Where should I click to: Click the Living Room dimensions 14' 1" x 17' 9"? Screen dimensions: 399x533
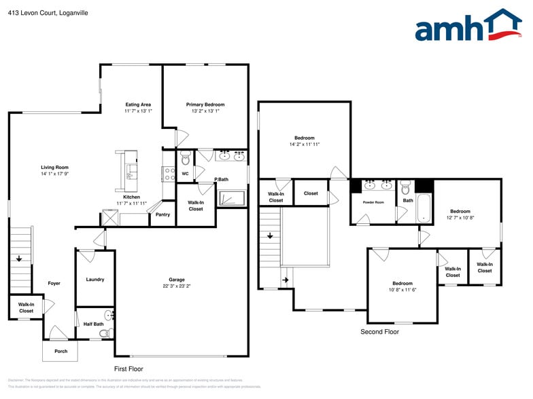tap(54, 174)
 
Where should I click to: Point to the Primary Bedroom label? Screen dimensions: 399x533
tap(205, 104)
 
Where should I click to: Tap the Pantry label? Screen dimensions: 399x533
tap(162, 215)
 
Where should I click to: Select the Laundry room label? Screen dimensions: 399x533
tap(94, 280)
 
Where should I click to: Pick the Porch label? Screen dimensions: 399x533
tap(61, 351)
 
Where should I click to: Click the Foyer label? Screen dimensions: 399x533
tap(54, 283)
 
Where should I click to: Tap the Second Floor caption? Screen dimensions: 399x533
tap(379, 332)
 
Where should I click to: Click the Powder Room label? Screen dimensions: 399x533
tap(373, 202)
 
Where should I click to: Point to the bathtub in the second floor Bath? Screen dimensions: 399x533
tap(424, 208)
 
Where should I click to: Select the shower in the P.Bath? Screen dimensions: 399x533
tap(230, 197)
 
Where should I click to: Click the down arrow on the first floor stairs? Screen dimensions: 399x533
tap(20, 258)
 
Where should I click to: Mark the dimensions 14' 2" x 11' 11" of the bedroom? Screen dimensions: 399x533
tap(304, 145)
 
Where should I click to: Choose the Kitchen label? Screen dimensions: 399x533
tap(131, 197)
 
